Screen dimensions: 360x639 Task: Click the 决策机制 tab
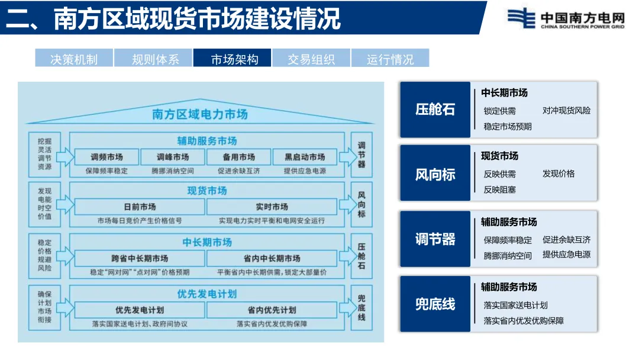click(x=74, y=59)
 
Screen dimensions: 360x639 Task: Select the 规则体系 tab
click(x=153, y=59)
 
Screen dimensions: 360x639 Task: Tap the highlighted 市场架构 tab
click(x=233, y=59)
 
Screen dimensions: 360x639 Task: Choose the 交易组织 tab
click(x=311, y=59)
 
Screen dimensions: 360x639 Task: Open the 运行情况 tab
click(x=390, y=59)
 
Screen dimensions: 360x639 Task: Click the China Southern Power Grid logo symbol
click(x=521, y=17)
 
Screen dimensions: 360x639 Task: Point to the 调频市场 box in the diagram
click(x=107, y=157)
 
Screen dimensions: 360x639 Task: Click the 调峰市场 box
click(x=173, y=157)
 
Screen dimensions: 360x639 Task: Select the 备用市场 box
click(x=239, y=157)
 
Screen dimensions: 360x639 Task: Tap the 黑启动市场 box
click(x=305, y=157)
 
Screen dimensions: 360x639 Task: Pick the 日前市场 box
click(x=140, y=207)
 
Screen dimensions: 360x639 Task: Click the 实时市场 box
click(x=272, y=207)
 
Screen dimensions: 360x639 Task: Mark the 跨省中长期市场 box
click(x=140, y=259)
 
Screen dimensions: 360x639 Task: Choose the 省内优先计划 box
click(x=272, y=310)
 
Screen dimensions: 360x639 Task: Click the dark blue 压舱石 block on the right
click(x=435, y=110)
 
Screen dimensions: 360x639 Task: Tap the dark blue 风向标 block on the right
click(x=435, y=175)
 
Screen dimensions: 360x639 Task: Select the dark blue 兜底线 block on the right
click(x=435, y=304)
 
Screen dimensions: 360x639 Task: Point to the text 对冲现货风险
click(x=566, y=111)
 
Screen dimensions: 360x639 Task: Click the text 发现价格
click(x=559, y=174)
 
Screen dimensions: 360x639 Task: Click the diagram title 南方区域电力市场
click(x=200, y=114)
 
